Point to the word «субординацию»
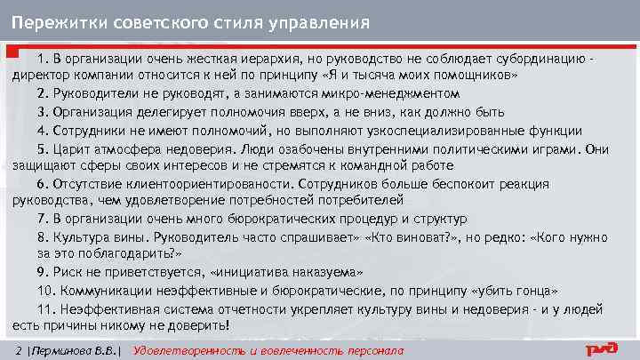pyautogui.click(x=540, y=59)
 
